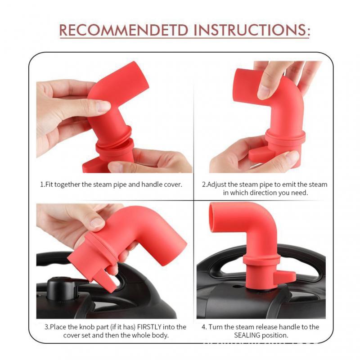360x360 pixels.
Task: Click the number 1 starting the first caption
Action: pyautogui.click(x=42, y=184)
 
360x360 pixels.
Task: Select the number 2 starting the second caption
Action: pyautogui.click(x=203, y=184)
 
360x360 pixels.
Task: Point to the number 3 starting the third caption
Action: pyautogui.click(x=47, y=327)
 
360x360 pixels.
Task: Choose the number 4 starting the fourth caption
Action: pyautogui.click(x=204, y=327)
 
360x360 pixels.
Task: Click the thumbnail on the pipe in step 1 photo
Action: pyautogui.click(x=102, y=106)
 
